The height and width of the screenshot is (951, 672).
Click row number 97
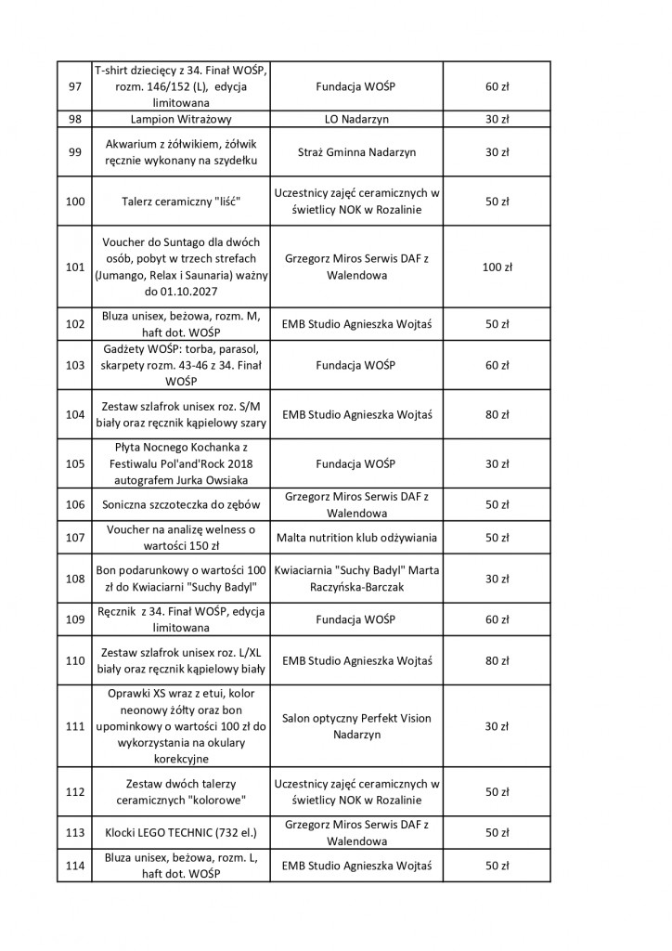(76, 87)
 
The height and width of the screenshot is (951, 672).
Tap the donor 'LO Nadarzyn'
(355, 120)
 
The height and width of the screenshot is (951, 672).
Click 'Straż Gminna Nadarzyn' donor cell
(355, 151)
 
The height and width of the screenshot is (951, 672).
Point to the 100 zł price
(497, 267)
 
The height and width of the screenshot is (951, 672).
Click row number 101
(76, 267)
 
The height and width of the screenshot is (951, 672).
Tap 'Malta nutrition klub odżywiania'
(355, 538)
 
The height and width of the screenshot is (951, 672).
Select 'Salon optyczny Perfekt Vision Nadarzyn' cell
(355, 726)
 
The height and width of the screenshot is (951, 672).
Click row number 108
(76, 579)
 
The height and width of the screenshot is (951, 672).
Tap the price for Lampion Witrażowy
(497, 120)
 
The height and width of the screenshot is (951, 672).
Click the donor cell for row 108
(355, 579)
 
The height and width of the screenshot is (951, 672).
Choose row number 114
(76, 866)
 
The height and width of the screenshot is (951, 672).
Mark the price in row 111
(497, 726)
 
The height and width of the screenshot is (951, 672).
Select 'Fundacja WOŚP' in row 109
(355, 619)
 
